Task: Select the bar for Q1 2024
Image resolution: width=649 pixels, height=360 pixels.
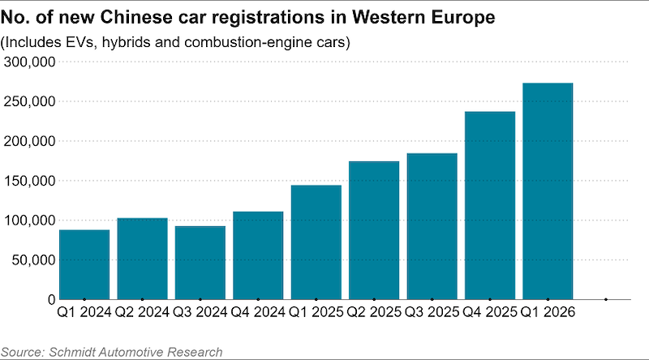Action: coord(84,264)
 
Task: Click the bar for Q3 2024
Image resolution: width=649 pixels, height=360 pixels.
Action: coord(200,263)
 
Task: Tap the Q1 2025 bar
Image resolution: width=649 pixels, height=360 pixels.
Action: coord(316,242)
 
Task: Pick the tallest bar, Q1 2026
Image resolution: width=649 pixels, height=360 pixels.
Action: coord(548,191)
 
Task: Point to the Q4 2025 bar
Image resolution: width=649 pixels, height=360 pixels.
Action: coord(490,205)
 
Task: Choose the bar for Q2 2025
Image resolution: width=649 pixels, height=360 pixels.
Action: coord(374,230)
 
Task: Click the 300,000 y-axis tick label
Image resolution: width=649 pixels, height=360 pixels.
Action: coord(29,62)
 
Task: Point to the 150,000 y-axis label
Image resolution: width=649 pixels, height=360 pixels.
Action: coord(29,181)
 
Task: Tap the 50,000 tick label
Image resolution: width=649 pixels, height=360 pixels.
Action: coord(33,260)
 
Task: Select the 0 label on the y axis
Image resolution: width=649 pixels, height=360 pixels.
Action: coord(51,299)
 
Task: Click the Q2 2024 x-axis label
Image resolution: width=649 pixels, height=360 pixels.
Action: coord(142,312)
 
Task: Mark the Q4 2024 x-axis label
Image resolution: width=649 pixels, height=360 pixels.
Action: coord(258,312)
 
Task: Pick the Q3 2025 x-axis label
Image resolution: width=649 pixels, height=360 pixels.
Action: coord(432,312)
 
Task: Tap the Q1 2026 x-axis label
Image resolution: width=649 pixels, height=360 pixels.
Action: coord(548,312)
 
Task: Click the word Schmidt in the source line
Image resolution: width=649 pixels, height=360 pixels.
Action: coord(72,352)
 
